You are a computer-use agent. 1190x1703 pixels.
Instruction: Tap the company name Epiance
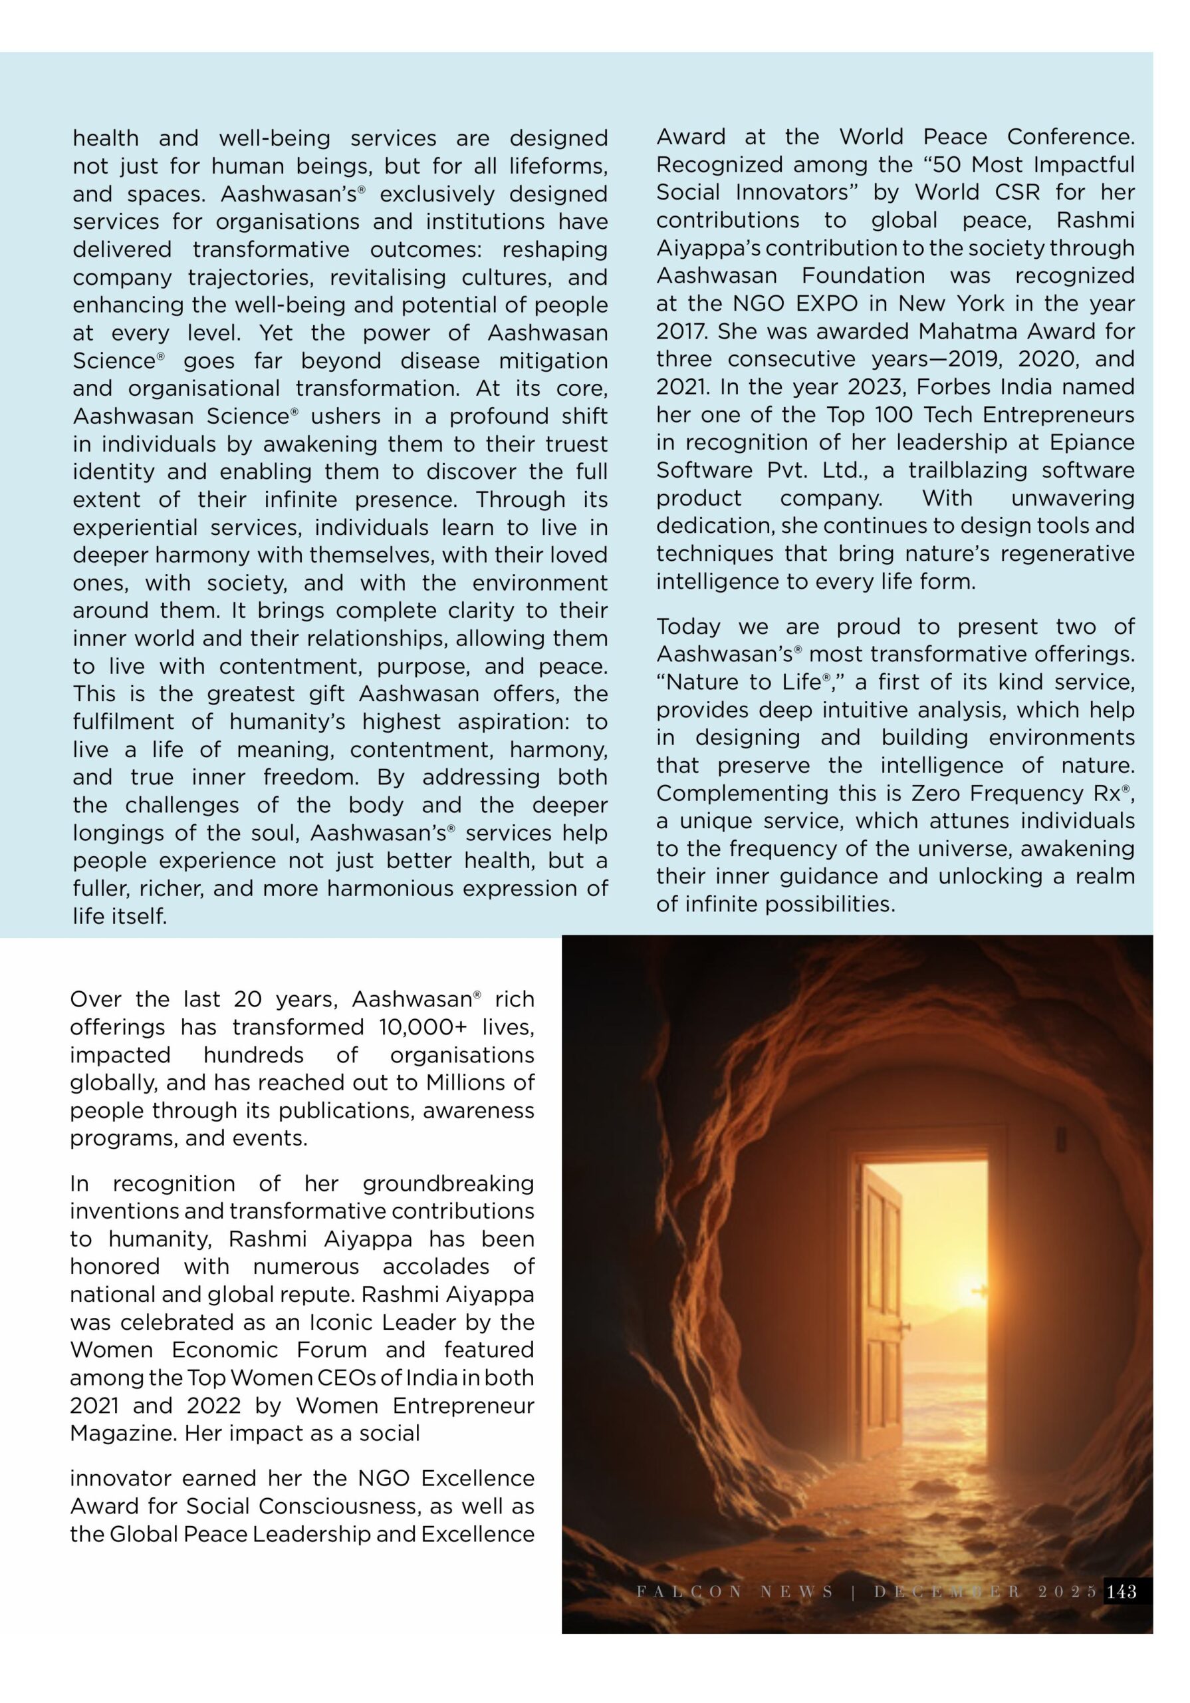tap(1092, 443)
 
